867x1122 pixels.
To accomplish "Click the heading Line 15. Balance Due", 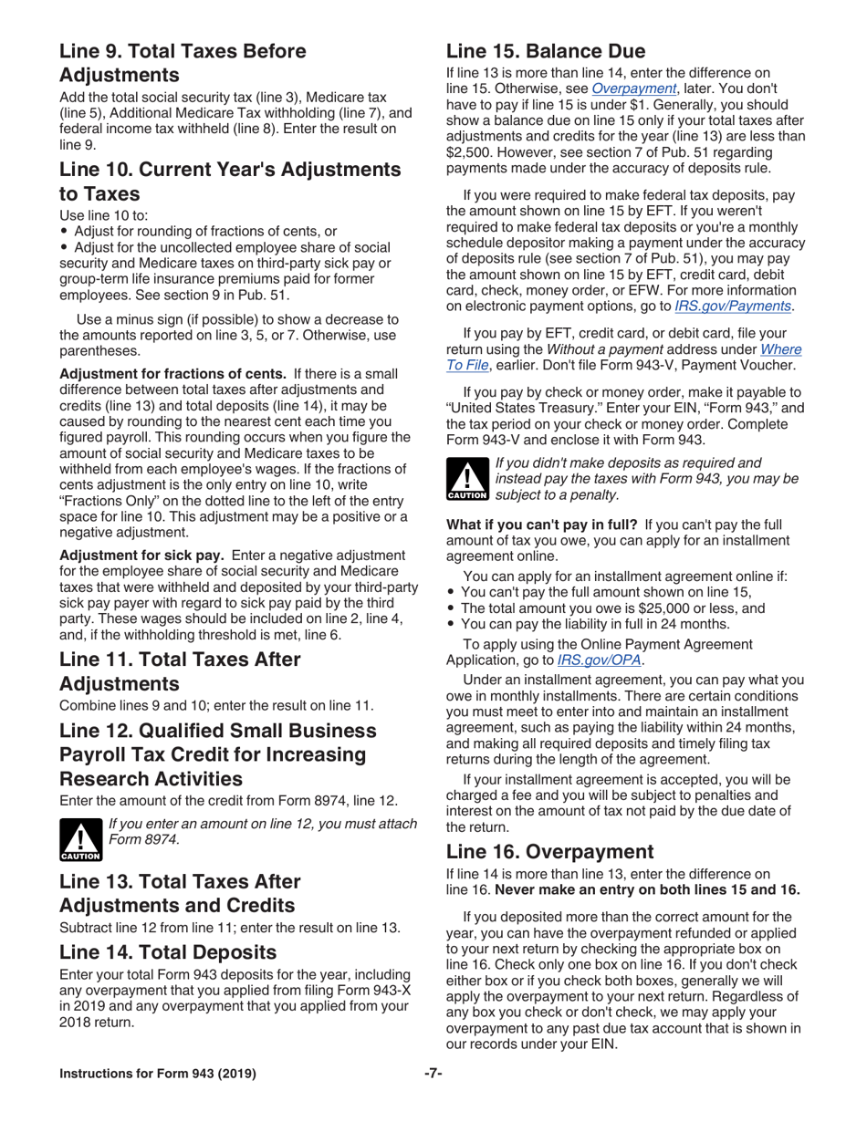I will pos(545,51).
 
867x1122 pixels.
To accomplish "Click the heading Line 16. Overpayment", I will pos(550,851).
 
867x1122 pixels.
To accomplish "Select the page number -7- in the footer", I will pos(433,1073).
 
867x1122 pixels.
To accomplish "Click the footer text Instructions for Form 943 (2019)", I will pos(157,1073).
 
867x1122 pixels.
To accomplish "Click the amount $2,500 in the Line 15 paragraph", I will pos(471,152).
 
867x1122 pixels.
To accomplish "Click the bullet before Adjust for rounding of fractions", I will pos(64,232).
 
